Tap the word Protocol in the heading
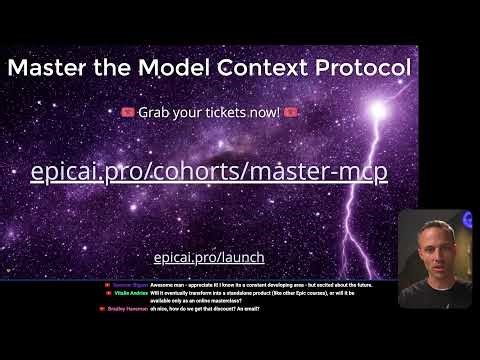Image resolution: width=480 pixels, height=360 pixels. coord(353,68)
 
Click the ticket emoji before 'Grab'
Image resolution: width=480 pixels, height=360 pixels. coord(127,111)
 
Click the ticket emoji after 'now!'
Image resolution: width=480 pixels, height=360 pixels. coord(290,111)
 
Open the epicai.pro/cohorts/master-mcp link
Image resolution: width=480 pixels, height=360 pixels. coord(209,171)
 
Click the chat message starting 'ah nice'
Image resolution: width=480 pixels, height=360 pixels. coord(205,310)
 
